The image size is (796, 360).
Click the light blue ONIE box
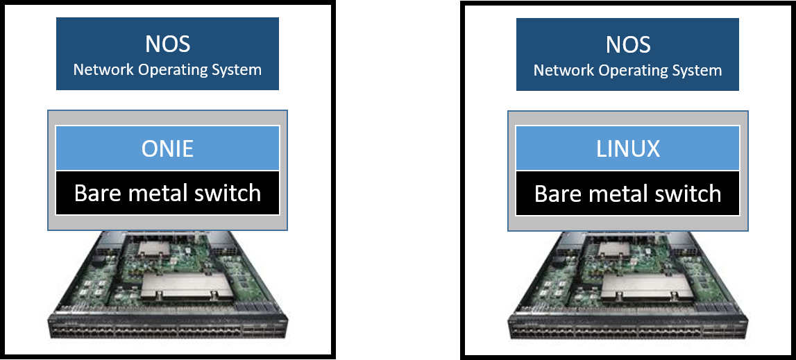coord(167,148)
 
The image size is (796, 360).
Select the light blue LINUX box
coord(627,148)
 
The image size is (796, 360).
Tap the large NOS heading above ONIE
coord(167,44)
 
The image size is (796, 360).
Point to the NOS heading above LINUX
coord(627,44)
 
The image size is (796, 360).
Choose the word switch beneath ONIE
coord(226,193)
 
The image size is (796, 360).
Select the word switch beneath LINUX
coord(686,193)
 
